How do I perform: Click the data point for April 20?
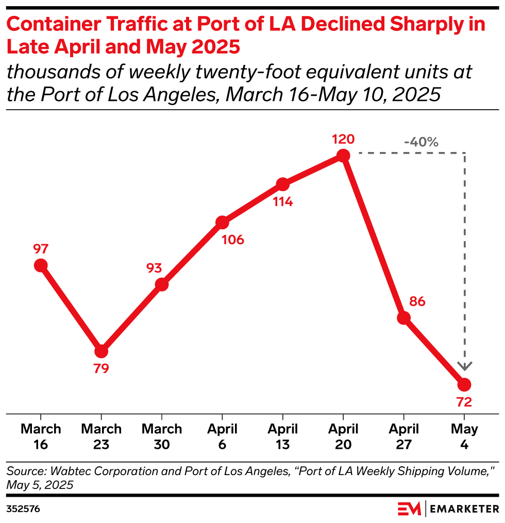[343, 155]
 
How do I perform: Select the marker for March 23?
[102, 351]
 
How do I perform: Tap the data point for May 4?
[464, 384]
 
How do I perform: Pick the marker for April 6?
[222, 223]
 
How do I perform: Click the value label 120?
[343, 139]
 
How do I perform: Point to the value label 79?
[102, 369]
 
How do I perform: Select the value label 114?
[283, 201]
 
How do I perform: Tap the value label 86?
[417, 301]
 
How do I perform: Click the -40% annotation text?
[421, 142]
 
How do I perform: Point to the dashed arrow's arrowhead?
[465, 366]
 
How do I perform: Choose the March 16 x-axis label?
[41, 436]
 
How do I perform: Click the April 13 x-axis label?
[282, 436]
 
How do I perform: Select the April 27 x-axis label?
[403, 436]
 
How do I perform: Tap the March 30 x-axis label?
[162, 436]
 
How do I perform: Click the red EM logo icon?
[409, 509]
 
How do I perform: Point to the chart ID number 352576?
[23, 509]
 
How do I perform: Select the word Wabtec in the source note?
[59, 470]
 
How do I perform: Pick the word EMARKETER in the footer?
[465, 509]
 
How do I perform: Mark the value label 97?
[41, 249]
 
